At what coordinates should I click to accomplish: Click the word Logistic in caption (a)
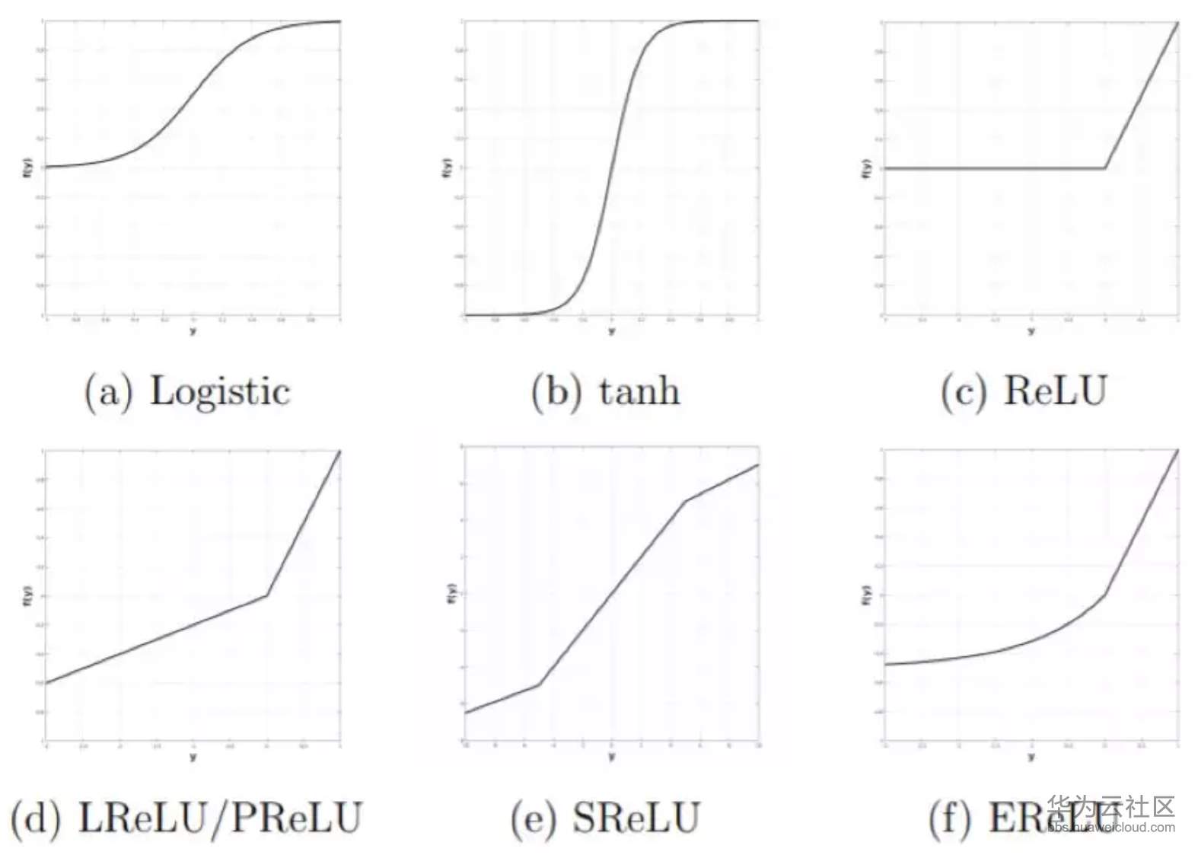220,392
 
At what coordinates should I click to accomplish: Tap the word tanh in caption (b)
639,392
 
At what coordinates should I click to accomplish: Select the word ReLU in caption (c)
1055,392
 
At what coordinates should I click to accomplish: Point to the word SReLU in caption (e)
636,818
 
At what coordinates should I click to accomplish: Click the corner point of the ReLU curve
1104,168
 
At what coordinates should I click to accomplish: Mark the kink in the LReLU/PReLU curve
266,595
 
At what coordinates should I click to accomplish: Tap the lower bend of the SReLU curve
539,684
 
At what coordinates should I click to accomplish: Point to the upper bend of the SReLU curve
686,501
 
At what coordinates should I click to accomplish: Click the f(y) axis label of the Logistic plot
27,168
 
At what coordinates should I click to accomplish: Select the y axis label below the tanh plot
611,331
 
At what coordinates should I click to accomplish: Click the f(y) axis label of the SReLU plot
450,594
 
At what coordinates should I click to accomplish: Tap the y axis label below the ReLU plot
1031,331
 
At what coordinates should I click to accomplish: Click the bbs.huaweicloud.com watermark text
1110,828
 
